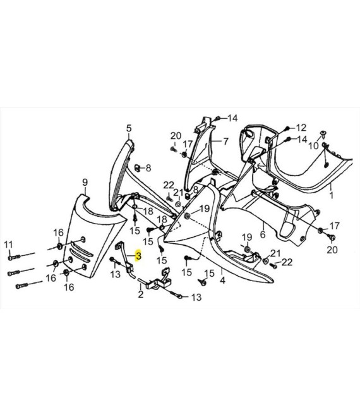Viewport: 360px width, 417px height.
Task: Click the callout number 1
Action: (332, 195)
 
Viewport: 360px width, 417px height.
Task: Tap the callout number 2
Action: (140, 294)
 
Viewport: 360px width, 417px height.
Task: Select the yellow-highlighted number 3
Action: (138, 256)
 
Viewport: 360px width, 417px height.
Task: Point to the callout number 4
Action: (222, 280)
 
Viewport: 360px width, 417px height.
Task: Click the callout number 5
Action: (129, 128)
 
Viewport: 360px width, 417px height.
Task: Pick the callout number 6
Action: (263, 234)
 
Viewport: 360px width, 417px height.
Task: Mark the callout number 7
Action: (225, 142)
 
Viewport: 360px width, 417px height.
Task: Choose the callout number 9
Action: (85, 183)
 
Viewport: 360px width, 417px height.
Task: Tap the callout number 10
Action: (313, 145)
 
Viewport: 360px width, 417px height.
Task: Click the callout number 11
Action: (8, 244)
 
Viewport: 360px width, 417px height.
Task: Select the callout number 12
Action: (301, 128)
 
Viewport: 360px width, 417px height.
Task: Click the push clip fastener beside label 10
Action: (323, 134)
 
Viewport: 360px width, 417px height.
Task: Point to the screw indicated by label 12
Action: (287, 128)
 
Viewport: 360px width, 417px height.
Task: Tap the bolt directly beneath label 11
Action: (14, 257)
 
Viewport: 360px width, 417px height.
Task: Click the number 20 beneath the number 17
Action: (332, 250)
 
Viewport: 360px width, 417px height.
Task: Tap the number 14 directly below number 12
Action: (302, 140)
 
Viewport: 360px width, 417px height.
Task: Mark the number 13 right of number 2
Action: (196, 297)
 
